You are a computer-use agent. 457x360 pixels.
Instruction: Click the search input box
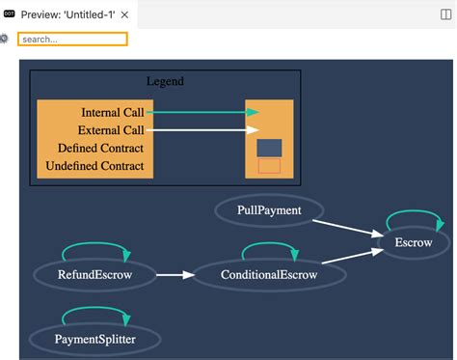(72, 40)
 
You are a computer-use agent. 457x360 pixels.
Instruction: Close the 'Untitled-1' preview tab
(124, 14)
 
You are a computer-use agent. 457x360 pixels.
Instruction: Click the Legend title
(165, 82)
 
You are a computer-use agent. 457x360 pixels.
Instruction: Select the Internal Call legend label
(113, 113)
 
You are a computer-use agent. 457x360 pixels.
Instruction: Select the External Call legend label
(112, 130)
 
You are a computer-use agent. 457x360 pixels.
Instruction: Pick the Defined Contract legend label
(100, 148)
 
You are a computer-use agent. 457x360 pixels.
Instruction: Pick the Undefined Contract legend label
(94, 166)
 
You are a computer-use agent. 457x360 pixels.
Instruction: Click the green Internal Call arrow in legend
(202, 113)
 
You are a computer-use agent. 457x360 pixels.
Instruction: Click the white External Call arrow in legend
(202, 130)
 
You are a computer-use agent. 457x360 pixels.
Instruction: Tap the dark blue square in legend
(269, 147)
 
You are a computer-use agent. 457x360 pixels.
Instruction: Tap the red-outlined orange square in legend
(269, 166)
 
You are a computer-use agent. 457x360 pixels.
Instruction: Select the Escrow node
(414, 242)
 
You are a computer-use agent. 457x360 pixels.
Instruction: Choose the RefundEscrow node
(94, 275)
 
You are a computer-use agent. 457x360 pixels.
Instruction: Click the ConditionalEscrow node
(269, 275)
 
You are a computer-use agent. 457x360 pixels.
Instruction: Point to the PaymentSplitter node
(94, 339)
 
